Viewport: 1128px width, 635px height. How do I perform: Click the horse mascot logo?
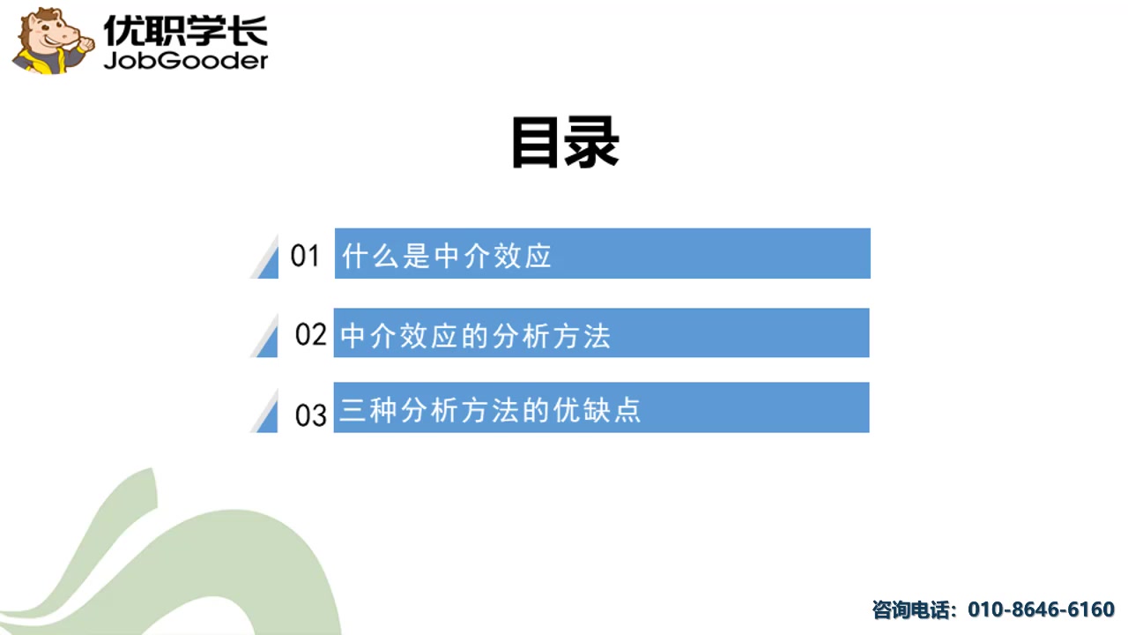coord(51,41)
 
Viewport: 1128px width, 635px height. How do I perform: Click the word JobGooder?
coord(185,60)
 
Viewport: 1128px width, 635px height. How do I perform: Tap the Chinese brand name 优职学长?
coord(185,30)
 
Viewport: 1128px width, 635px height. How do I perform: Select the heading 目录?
coord(565,142)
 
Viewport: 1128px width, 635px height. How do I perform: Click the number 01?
coord(305,256)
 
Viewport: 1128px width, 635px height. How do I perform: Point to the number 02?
coord(310,334)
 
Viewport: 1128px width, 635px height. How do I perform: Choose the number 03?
coord(310,414)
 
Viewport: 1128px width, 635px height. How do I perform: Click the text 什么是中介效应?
coord(447,256)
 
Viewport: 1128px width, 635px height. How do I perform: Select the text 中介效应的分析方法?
coord(475,335)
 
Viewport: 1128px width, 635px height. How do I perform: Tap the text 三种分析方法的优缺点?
coord(490,411)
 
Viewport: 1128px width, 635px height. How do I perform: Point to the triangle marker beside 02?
coord(267,338)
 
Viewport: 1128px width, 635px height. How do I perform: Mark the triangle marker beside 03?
coord(267,414)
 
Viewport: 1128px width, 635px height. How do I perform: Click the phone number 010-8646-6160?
coord(1041,609)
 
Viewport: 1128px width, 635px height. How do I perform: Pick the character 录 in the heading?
coord(593,142)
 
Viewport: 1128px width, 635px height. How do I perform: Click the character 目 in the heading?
coord(537,142)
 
